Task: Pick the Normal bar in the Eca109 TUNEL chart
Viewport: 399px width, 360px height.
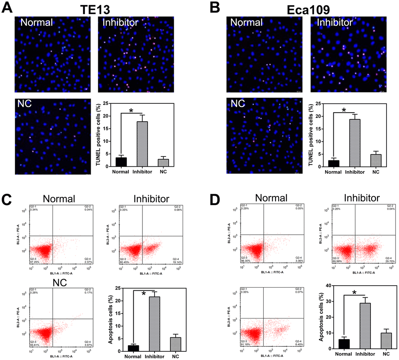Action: click(333, 163)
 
